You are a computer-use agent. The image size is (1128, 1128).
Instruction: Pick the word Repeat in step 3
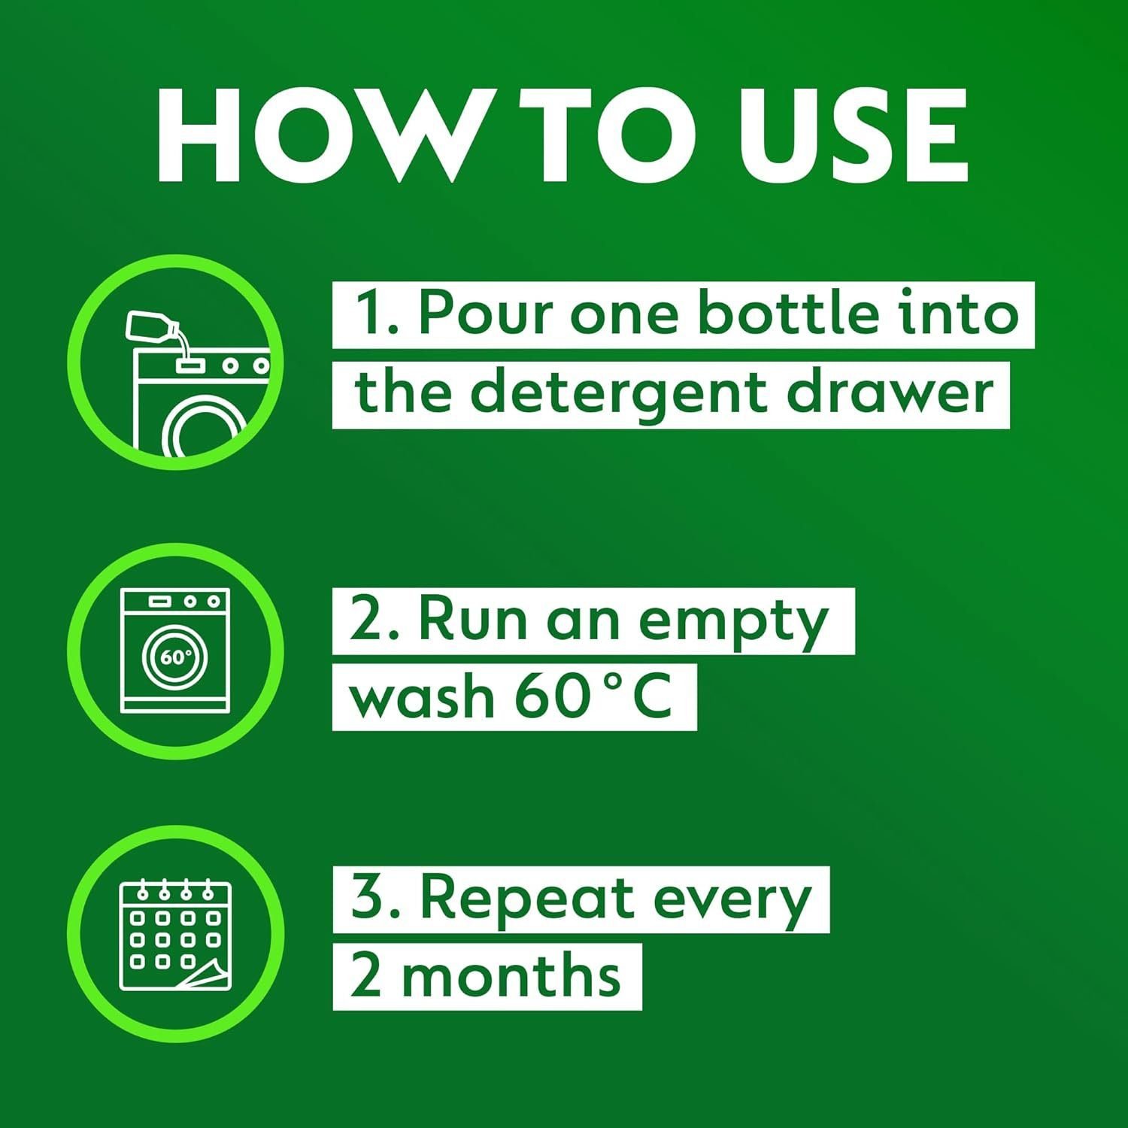point(526,900)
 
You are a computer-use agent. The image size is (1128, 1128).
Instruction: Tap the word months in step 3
point(511,975)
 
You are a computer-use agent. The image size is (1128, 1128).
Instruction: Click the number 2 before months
point(366,975)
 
